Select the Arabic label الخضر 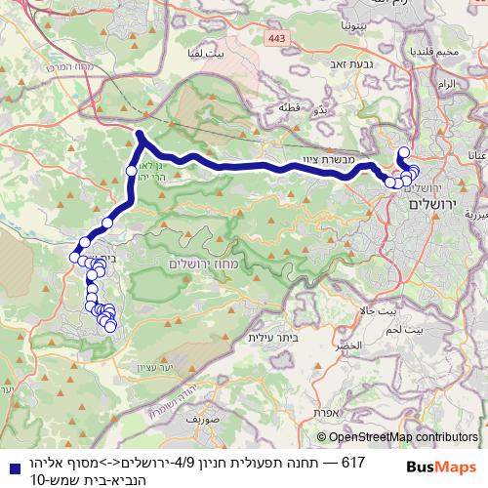pos(350,346)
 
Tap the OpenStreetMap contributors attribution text pos(398,437)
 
